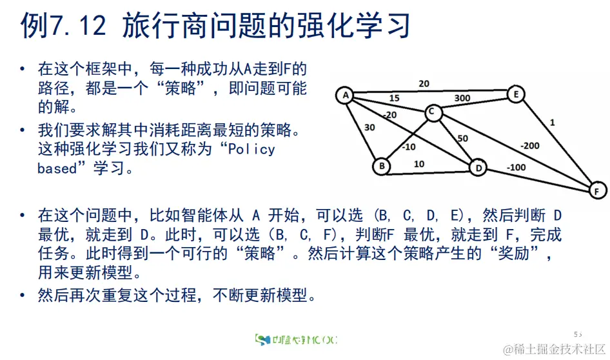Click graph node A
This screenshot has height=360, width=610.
click(345, 95)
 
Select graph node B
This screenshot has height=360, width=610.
click(382, 166)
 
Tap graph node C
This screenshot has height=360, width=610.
click(433, 114)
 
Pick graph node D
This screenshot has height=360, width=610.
click(478, 167)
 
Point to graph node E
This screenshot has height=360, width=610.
click(515, 94)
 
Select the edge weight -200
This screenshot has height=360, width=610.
click(530, 146)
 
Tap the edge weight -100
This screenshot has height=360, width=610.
click(516, 168)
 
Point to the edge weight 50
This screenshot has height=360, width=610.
click(462, 139)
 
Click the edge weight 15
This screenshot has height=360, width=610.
click(394, 98)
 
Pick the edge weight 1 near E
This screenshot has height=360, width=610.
click(552, 121)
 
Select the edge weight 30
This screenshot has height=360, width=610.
click(369, 128)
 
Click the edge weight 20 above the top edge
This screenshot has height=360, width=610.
click(424, 83)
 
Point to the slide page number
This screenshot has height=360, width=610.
click(578, 334)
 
